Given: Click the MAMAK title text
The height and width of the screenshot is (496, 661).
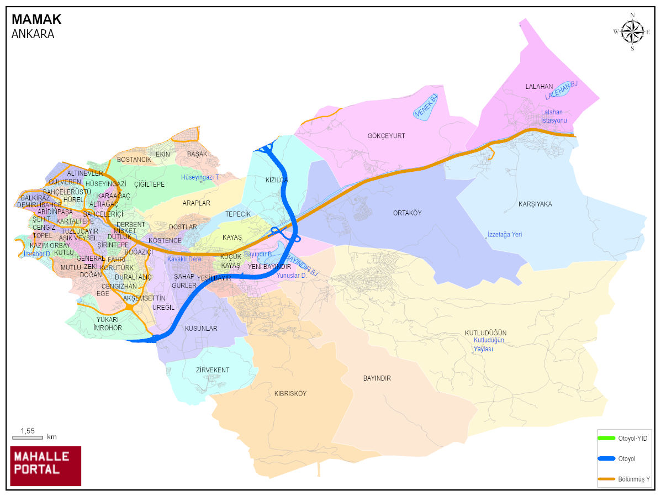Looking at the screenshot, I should (x=36, y=19).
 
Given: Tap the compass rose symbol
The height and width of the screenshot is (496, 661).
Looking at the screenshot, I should (x=632, y=31).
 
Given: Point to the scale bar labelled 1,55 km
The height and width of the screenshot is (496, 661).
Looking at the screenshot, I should (x=28, y=437).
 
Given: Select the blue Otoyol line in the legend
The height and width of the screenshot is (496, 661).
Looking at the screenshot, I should (x=606, y=458).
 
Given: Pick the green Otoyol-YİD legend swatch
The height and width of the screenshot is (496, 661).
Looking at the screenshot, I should (x=606, y=438).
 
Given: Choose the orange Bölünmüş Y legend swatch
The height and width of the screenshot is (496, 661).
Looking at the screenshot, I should (x=606, y=479).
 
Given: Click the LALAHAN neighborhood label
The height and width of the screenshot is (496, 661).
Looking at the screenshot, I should (x=539, y=87).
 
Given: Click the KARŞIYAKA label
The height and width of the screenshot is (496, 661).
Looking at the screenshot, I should (x=535, y=204).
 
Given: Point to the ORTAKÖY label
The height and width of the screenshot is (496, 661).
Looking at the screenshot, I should (x=407, y=213).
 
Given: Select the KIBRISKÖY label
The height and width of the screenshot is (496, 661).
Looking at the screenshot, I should (x=290, y=394).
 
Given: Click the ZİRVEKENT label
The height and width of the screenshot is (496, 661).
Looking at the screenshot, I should (x=212, y=370).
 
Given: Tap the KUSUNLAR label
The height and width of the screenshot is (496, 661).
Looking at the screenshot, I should (x=201, y=329).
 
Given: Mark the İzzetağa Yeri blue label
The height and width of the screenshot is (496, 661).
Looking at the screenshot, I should (x=505, y=235).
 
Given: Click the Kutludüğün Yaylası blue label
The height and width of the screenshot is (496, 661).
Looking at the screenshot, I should (x=488, y=345).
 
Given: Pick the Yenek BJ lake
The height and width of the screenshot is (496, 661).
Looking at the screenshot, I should (x=425, y=106).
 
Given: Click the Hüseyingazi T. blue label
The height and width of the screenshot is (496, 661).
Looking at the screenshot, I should (x=200, y=177).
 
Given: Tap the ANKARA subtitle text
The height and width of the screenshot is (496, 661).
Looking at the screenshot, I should (x=33, y=34).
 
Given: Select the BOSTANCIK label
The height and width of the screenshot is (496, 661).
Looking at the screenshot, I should (x=134, y=160).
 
